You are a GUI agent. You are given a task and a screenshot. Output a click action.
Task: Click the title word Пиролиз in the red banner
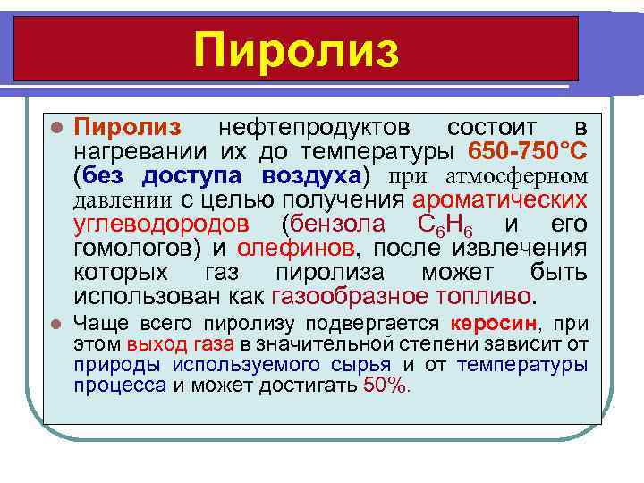(x=296, y=49)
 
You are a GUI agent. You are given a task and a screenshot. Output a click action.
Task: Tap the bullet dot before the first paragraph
(x=55, y=125)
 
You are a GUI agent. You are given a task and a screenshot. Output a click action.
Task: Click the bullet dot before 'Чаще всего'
(x=55, y=325)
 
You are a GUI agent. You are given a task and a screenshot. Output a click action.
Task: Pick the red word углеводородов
(x=161, y=222)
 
